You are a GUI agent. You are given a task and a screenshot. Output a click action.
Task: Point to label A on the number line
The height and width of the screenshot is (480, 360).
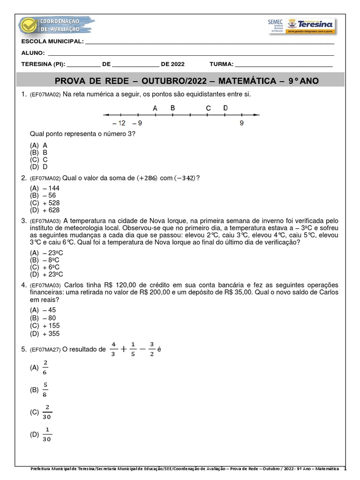point(155,108)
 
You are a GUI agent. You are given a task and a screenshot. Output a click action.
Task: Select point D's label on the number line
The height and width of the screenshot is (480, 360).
point(225,108)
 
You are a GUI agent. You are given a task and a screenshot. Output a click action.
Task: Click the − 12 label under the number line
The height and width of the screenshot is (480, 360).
point(119,123)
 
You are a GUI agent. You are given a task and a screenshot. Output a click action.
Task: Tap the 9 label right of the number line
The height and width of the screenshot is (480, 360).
point(241,123)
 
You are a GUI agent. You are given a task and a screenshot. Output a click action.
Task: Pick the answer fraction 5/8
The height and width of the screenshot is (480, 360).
point(45,390)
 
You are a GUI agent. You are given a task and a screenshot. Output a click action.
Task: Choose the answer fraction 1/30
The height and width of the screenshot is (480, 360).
point(46,435)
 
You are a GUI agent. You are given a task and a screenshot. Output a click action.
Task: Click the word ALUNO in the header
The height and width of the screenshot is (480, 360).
point(33,53)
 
